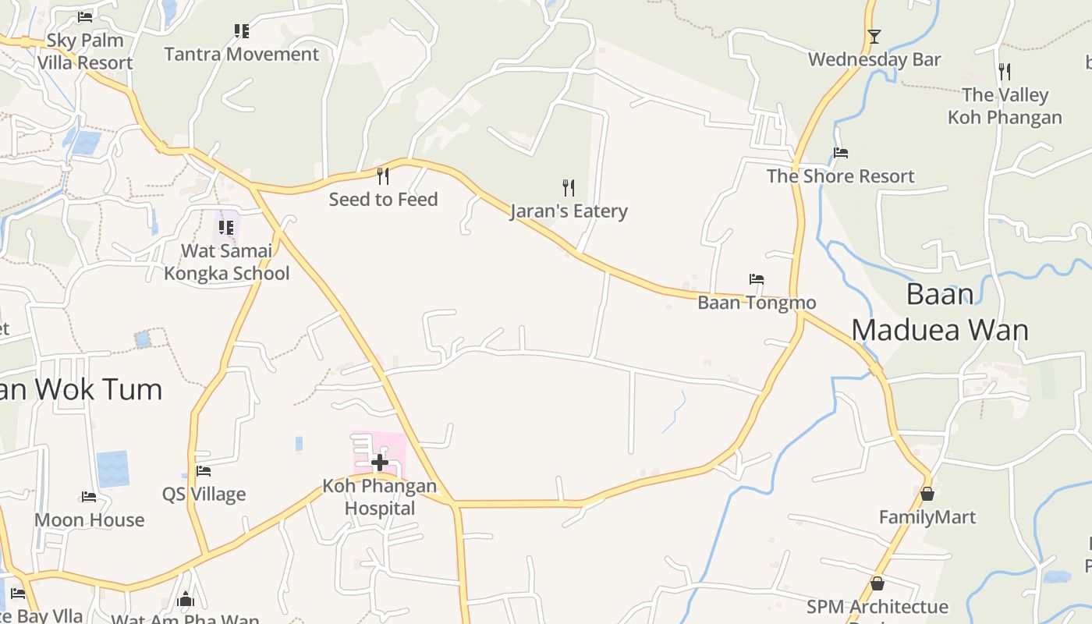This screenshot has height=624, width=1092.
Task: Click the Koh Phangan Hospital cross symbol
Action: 380,463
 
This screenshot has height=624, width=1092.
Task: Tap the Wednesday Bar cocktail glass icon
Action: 874,36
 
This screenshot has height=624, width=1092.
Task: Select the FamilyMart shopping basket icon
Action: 927,494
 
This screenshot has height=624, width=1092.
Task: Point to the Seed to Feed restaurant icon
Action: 383,175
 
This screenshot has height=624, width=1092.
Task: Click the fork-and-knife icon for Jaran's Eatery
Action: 569,187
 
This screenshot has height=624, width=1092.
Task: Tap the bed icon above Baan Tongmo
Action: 756,278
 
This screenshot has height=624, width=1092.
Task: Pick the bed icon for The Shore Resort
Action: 841,153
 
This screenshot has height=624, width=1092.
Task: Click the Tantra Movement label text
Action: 241,55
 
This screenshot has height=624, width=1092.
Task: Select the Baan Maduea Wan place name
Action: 940,312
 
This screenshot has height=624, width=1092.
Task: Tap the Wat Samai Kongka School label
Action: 226,262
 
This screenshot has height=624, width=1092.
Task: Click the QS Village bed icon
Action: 204,470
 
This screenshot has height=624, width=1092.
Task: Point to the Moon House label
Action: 90,520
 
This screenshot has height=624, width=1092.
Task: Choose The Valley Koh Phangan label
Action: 1005,106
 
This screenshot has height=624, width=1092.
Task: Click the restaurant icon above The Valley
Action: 1005,72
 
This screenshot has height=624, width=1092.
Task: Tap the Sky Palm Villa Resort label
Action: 85,51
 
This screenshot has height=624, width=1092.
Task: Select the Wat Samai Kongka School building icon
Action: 226,227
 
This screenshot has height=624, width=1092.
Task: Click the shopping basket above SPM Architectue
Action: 877,583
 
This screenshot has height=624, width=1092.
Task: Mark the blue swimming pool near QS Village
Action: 113,469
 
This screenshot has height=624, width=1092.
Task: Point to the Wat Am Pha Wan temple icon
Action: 186,599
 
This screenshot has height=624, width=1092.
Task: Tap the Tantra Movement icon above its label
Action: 242,31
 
